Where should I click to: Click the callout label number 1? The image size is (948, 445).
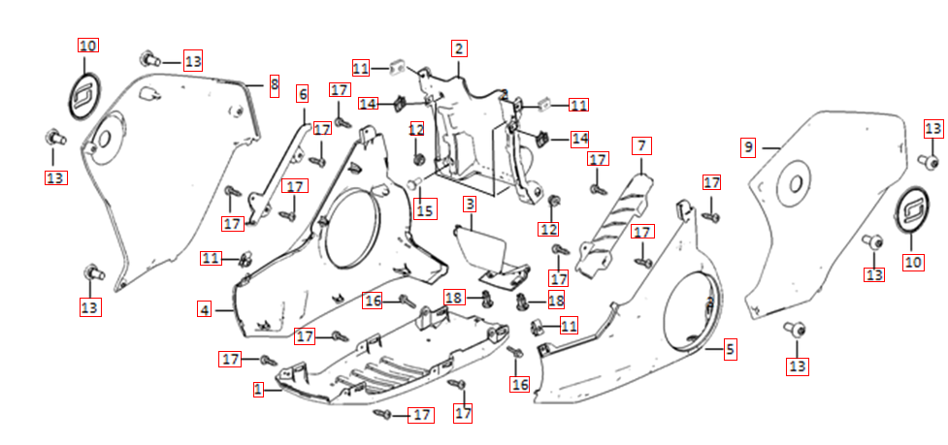click(258, 389)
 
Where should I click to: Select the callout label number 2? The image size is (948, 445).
click(459, 48)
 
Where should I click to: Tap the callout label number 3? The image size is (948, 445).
click(469, 205)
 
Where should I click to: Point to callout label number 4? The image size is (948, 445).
click(204, 309)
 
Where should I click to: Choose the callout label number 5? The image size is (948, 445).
click(730, 348)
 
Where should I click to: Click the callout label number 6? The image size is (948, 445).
click(302, 93)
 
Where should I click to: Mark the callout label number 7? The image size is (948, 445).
click(640, 146)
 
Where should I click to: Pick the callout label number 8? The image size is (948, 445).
click(275, 86)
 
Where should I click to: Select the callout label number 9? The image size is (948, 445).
click(748, 147)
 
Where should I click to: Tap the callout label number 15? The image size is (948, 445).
click(423, 208)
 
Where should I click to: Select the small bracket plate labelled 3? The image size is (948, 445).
click(482, 248)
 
